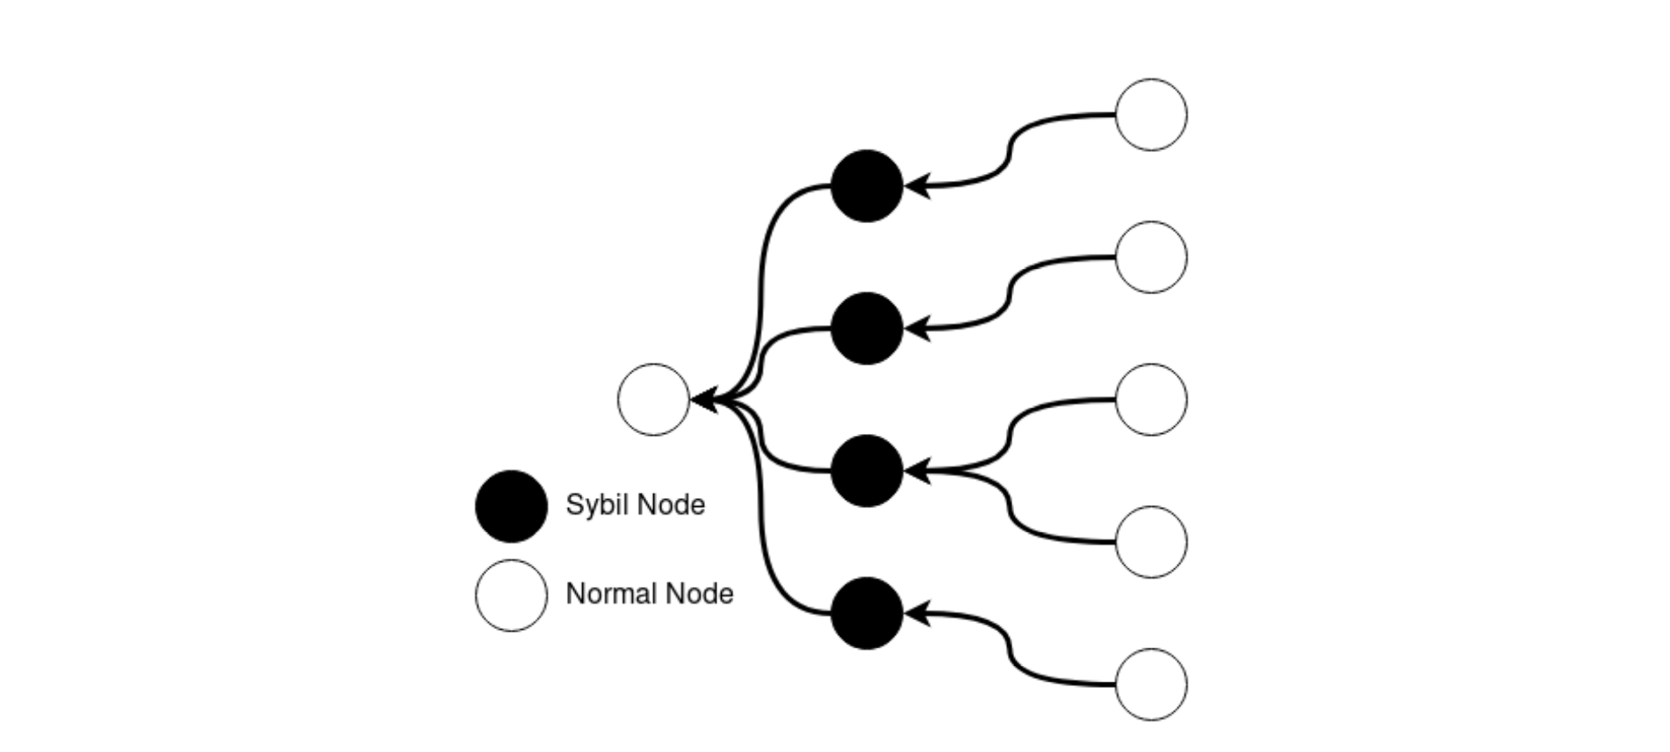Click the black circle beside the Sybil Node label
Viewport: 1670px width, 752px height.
coord(511,506)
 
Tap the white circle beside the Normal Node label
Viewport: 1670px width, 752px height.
coord(511,596)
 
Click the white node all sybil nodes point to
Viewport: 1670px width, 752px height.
coord(654,400)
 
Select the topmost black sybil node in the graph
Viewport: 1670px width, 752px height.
coord(867,186)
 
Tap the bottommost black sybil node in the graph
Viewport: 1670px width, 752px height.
coord(867,613)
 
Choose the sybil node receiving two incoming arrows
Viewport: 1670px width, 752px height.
coord(867,471)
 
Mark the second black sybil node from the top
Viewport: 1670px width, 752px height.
coord(867,329)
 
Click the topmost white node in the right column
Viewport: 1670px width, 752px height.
coord(1151,115)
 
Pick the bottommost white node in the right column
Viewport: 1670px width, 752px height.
coord(1151,684)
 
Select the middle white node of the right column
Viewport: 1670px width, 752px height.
coord(1151,400)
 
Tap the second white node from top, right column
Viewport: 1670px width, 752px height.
coord(1151,257)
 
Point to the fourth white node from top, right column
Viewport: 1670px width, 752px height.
coord(1151,542)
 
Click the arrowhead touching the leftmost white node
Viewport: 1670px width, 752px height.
coord(705,401)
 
